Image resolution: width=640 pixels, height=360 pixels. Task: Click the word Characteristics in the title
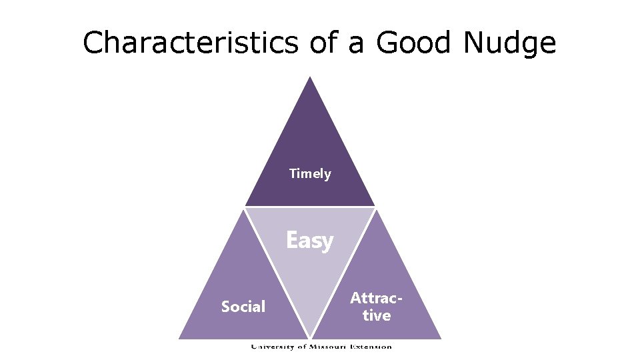coord(191,43)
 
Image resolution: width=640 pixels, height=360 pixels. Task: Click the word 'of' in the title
coord(323,43)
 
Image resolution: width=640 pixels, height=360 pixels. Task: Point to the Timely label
coord(310,174)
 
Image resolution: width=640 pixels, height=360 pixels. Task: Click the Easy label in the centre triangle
coord(310,240)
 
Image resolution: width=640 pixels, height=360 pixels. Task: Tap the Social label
coord(243,307)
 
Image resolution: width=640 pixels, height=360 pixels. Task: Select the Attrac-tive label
coord(377,306)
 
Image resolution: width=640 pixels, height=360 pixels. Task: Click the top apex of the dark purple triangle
coord(310,77)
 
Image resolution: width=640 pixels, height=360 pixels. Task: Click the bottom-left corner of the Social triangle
coord(179,338)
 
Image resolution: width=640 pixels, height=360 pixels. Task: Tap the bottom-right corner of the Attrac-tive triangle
coord(441,338)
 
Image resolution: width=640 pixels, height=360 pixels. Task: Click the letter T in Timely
coord(293,174)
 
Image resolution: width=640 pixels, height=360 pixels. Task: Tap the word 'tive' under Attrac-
coord(377,315)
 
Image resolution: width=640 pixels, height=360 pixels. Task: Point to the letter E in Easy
coord(291,239)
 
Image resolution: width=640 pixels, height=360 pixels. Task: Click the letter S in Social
coord(225,307)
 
